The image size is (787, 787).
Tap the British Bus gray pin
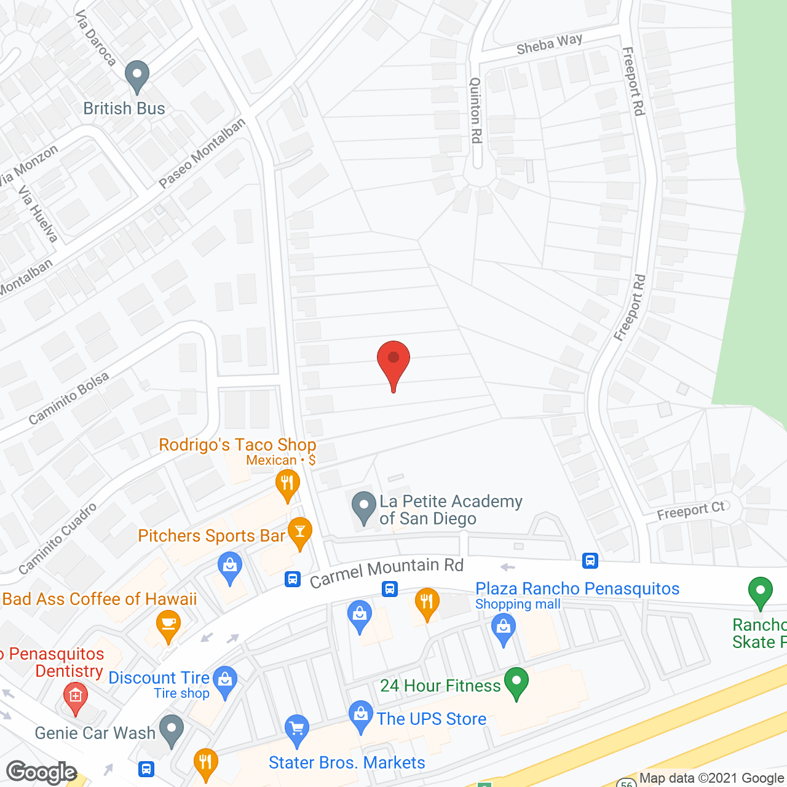click(136, 76)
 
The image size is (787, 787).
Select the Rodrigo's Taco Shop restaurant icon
click(287, 484)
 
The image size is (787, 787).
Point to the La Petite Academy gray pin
click(363, 507)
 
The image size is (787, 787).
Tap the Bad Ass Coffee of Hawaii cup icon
click(168, 625)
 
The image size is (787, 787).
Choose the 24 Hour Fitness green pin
click(516, 682)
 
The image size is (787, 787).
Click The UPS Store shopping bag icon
click(360, 716)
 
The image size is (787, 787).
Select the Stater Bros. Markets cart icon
click(297, 729)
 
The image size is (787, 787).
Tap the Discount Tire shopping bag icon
click(225, 681)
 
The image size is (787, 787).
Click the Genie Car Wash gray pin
click(172, 730)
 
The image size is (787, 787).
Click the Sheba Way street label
click(549, 44)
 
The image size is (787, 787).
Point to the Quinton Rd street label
click(475, 111)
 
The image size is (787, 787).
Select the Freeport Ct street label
click(691, 510)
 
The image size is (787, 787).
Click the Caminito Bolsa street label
click(69, 398)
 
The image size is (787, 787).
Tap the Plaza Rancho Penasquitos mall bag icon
click(504, 631)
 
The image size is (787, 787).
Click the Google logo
click(41, 772)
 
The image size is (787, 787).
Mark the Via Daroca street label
click(96, 38)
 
